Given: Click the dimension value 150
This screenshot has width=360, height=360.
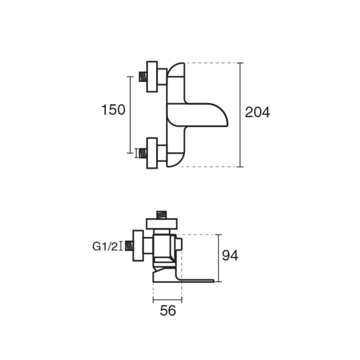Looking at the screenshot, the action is (113, 110).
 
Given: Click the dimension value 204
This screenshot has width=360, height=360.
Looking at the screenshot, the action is (257, 112).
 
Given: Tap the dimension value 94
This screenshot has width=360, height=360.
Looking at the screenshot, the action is (230, 255).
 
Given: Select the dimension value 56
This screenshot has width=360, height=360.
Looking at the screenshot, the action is (168, 311).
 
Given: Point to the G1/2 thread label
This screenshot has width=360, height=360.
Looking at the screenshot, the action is (105, 247).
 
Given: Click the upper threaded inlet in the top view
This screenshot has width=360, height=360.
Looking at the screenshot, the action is (143, 76).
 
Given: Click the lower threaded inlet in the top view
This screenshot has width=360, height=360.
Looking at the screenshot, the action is (143, 153).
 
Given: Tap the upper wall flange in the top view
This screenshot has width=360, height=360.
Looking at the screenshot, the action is (152, 76).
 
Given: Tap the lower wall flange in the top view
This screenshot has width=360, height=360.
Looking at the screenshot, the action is (152, 153).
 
